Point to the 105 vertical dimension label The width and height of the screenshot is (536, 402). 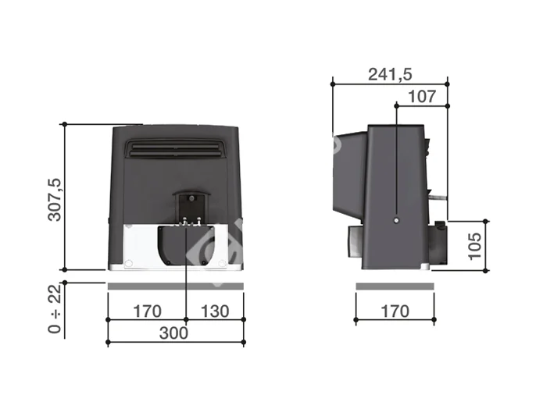(474, 245)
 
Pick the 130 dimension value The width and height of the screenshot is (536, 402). (214, 311)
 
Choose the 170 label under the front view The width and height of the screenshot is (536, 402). (146, 311)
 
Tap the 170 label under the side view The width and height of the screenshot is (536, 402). (395, 311)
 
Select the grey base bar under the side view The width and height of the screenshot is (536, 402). (395, 286)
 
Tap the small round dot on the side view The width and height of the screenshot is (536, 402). (396, 220)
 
